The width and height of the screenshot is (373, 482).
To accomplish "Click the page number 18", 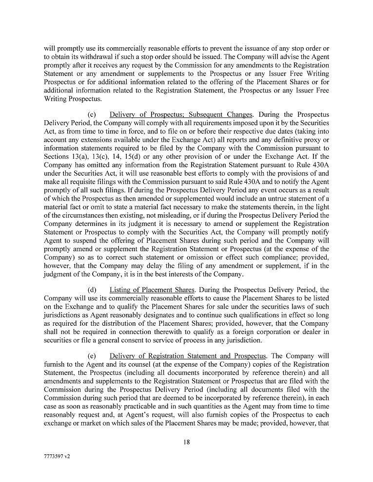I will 186,442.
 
